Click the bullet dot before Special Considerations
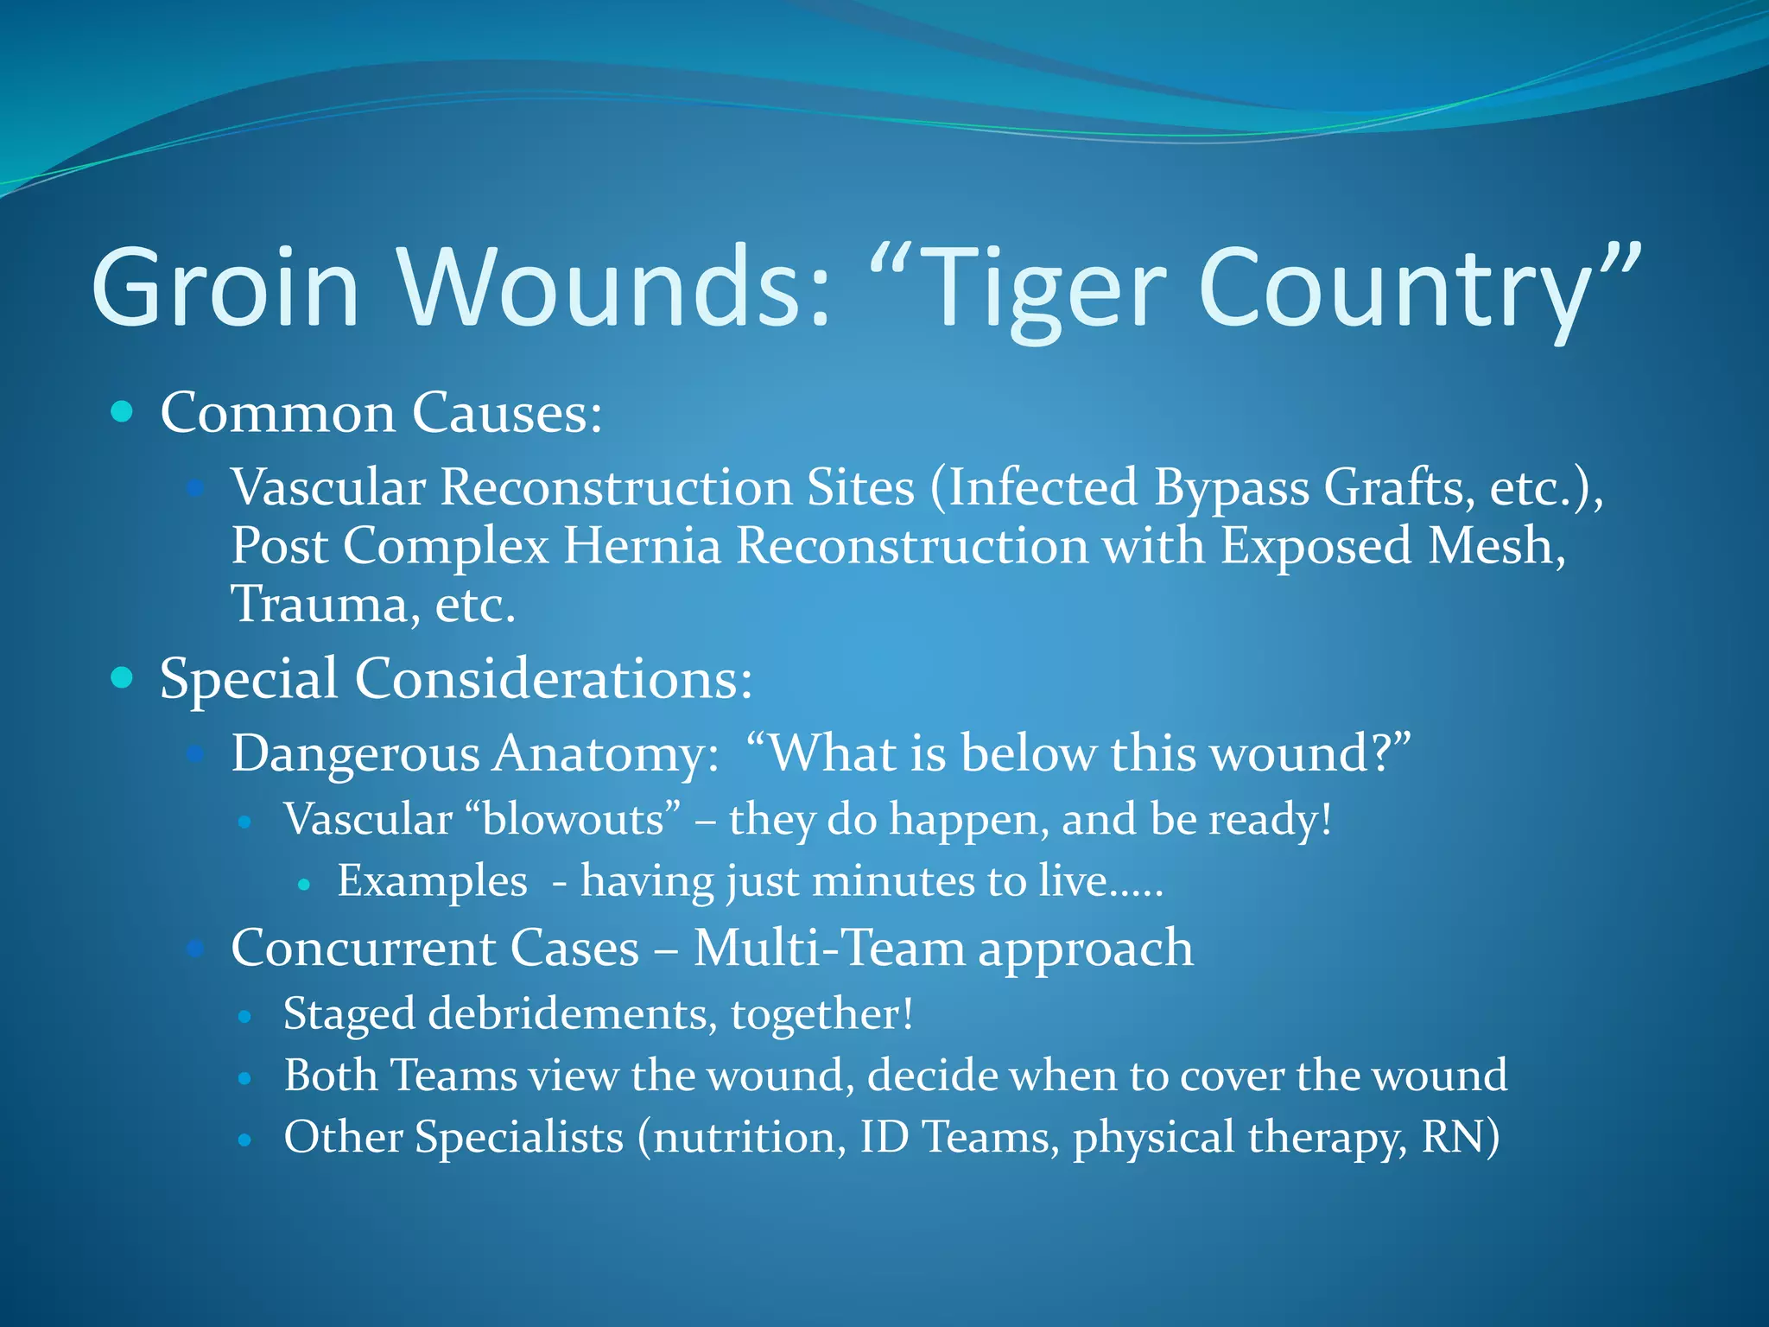[x=123, y=677]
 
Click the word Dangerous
[x=355, y=753]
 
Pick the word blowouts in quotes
[x=574, y=818]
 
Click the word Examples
[x=432, y=881]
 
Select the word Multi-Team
[x=829, y=948]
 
